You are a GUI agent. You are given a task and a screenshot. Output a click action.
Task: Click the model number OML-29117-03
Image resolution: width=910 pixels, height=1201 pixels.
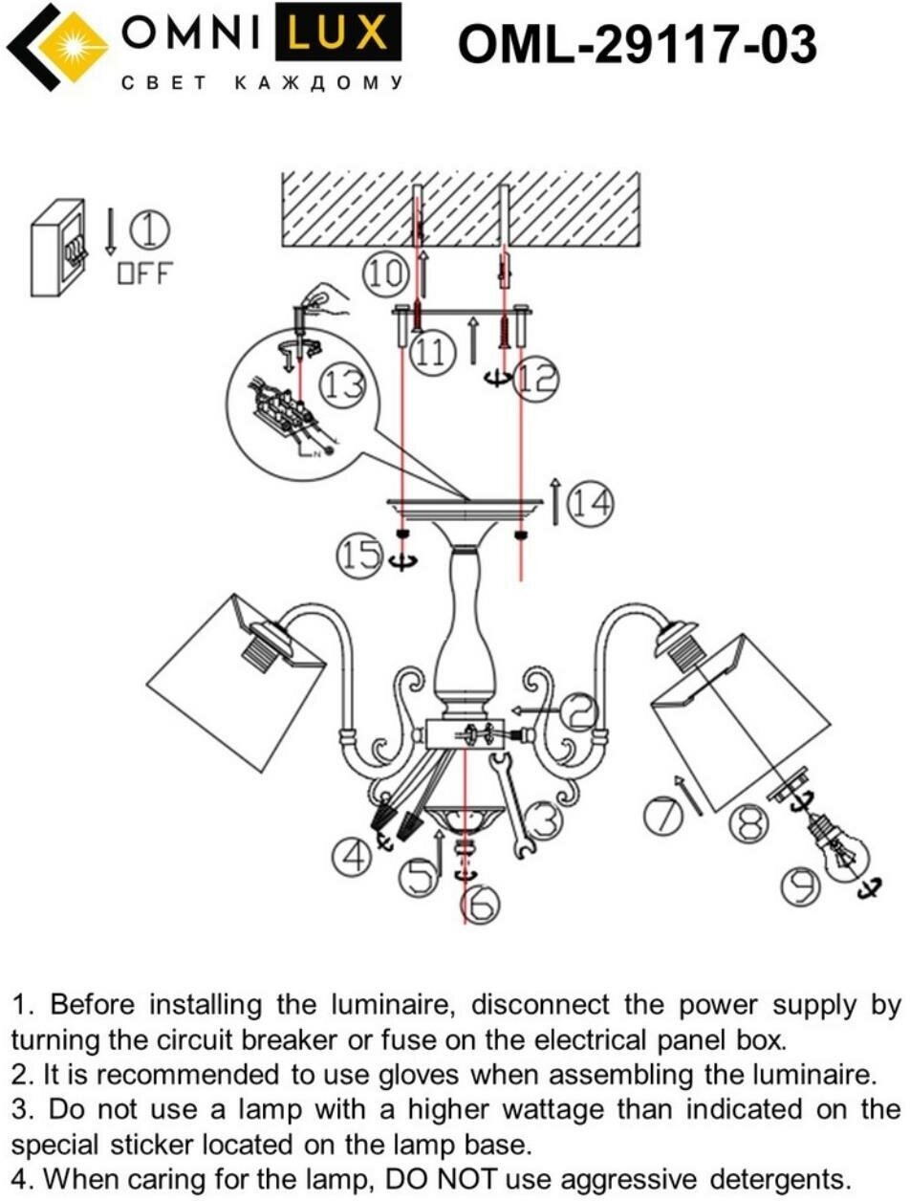tap(638, 44)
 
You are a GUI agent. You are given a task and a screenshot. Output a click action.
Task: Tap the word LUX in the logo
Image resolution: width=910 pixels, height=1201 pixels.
tap(337, 35)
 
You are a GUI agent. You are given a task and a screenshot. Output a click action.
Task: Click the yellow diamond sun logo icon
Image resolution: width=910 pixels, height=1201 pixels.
tap(71, 46)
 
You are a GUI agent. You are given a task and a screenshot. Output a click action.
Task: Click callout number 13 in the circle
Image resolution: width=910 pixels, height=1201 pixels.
tap(342, 384)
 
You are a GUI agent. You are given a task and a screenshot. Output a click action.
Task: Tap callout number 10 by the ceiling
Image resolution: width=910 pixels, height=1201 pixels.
tap(384, 274)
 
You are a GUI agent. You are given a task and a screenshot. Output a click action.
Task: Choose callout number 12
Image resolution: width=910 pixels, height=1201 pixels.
tap(535, 380)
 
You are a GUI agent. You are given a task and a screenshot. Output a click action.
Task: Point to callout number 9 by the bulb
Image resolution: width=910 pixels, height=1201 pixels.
tap(798, 887)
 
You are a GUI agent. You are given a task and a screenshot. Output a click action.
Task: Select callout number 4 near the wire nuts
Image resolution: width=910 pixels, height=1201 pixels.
tap(351, 856)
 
